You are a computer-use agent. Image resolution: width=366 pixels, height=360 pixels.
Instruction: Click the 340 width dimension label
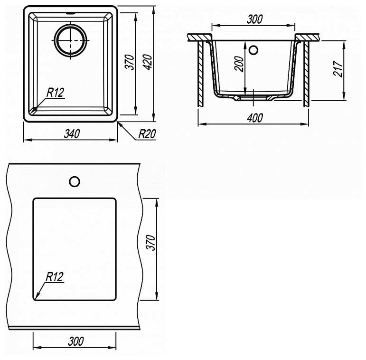tap(72, 133)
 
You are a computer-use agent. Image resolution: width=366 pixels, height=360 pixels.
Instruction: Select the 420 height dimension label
tap(148, 62)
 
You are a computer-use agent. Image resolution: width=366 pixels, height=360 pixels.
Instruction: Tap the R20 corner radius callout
tap(147, 134)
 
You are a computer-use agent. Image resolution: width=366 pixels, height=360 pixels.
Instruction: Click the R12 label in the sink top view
tap(56, 93)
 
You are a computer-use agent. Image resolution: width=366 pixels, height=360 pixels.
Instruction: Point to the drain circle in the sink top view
tap(70, 40)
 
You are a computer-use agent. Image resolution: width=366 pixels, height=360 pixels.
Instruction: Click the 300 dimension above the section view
tap(254, 19)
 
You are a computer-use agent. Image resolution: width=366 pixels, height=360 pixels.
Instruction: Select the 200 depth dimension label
tap(239, 64)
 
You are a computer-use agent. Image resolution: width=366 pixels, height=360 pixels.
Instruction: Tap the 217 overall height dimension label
tap(338, 69)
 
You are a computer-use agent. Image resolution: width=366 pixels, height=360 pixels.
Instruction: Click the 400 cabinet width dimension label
tap(255, 118)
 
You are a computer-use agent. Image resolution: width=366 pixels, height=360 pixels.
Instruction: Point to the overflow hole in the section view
tap(253, 50)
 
